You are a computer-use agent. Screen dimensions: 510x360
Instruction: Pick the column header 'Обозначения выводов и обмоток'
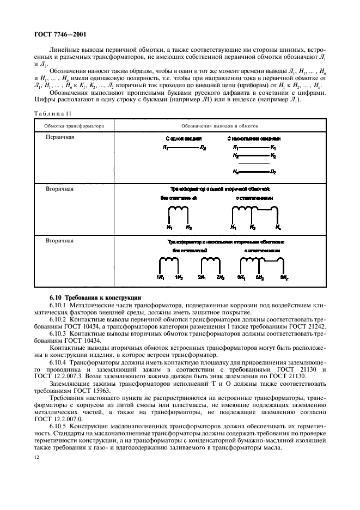pos(220,126)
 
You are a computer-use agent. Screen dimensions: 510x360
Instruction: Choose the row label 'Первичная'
pos(60,137)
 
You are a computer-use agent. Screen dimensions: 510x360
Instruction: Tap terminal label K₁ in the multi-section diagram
pos(273,148)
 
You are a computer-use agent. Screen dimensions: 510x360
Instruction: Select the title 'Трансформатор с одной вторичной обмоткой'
pos(220,189)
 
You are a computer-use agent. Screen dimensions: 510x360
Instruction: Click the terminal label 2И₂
pos(221,277)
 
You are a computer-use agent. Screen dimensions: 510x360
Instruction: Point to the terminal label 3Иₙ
pos(284,277)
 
